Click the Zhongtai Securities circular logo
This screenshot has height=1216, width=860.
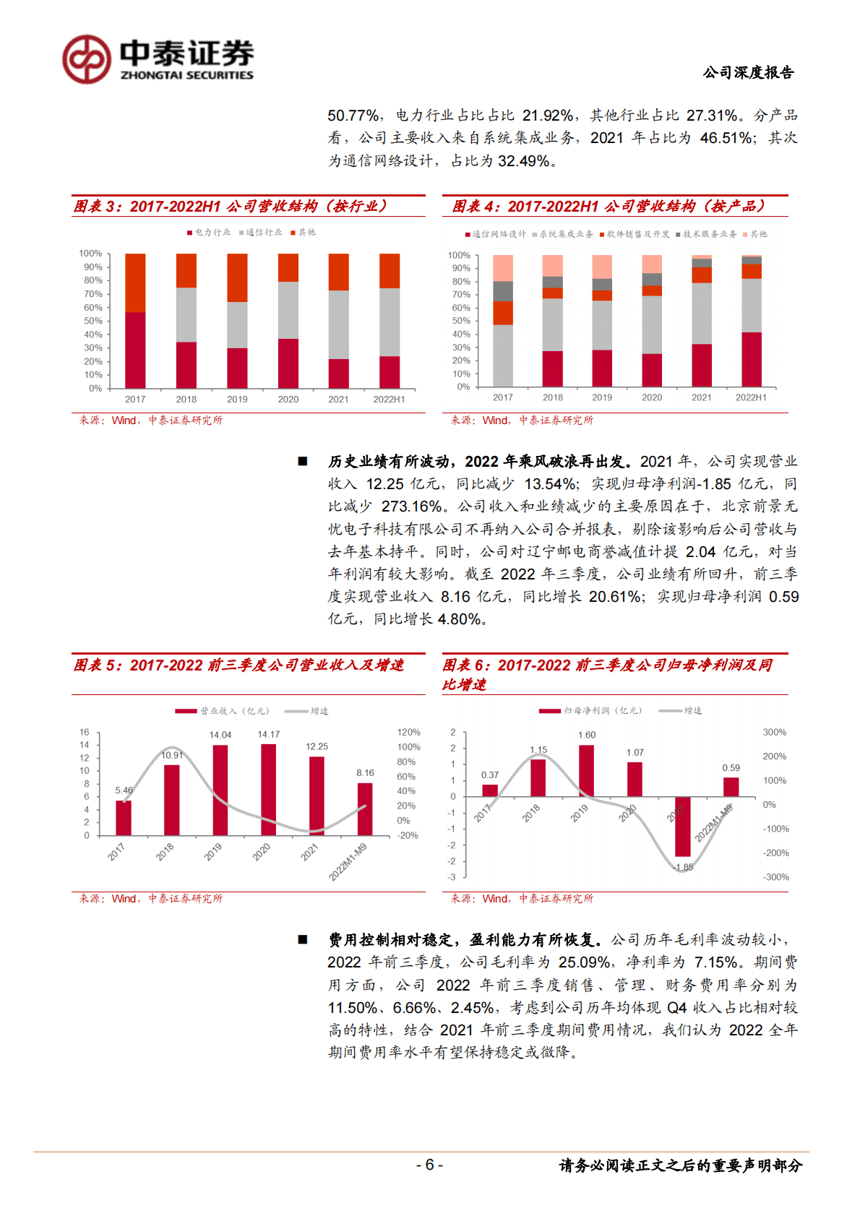click(x=87, y=59)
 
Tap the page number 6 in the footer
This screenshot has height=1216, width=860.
click(x=429, y=1165)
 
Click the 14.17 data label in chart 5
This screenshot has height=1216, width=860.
click(x=268, y=734)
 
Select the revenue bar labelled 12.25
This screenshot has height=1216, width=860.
click(x=317, y=795)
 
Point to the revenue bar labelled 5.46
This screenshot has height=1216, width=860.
click(x=124, y=817)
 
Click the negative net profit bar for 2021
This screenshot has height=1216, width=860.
click(x=682, y=827)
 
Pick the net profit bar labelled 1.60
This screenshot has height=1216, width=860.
click(x=586, y=770)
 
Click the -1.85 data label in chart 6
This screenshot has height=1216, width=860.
click(x=683, y=867)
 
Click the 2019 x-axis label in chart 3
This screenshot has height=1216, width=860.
click(x=237, y=399)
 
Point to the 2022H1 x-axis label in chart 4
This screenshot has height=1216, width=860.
click(x=751, y=397)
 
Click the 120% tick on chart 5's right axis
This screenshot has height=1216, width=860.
click(x=409, y=732)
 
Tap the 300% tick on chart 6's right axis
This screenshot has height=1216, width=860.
click(x=775, y=732)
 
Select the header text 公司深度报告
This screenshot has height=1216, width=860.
click(x=748, y=72)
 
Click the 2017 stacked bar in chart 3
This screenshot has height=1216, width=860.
click(x=135, y=321)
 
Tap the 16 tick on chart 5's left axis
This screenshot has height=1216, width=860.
click(x=85, y=732)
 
